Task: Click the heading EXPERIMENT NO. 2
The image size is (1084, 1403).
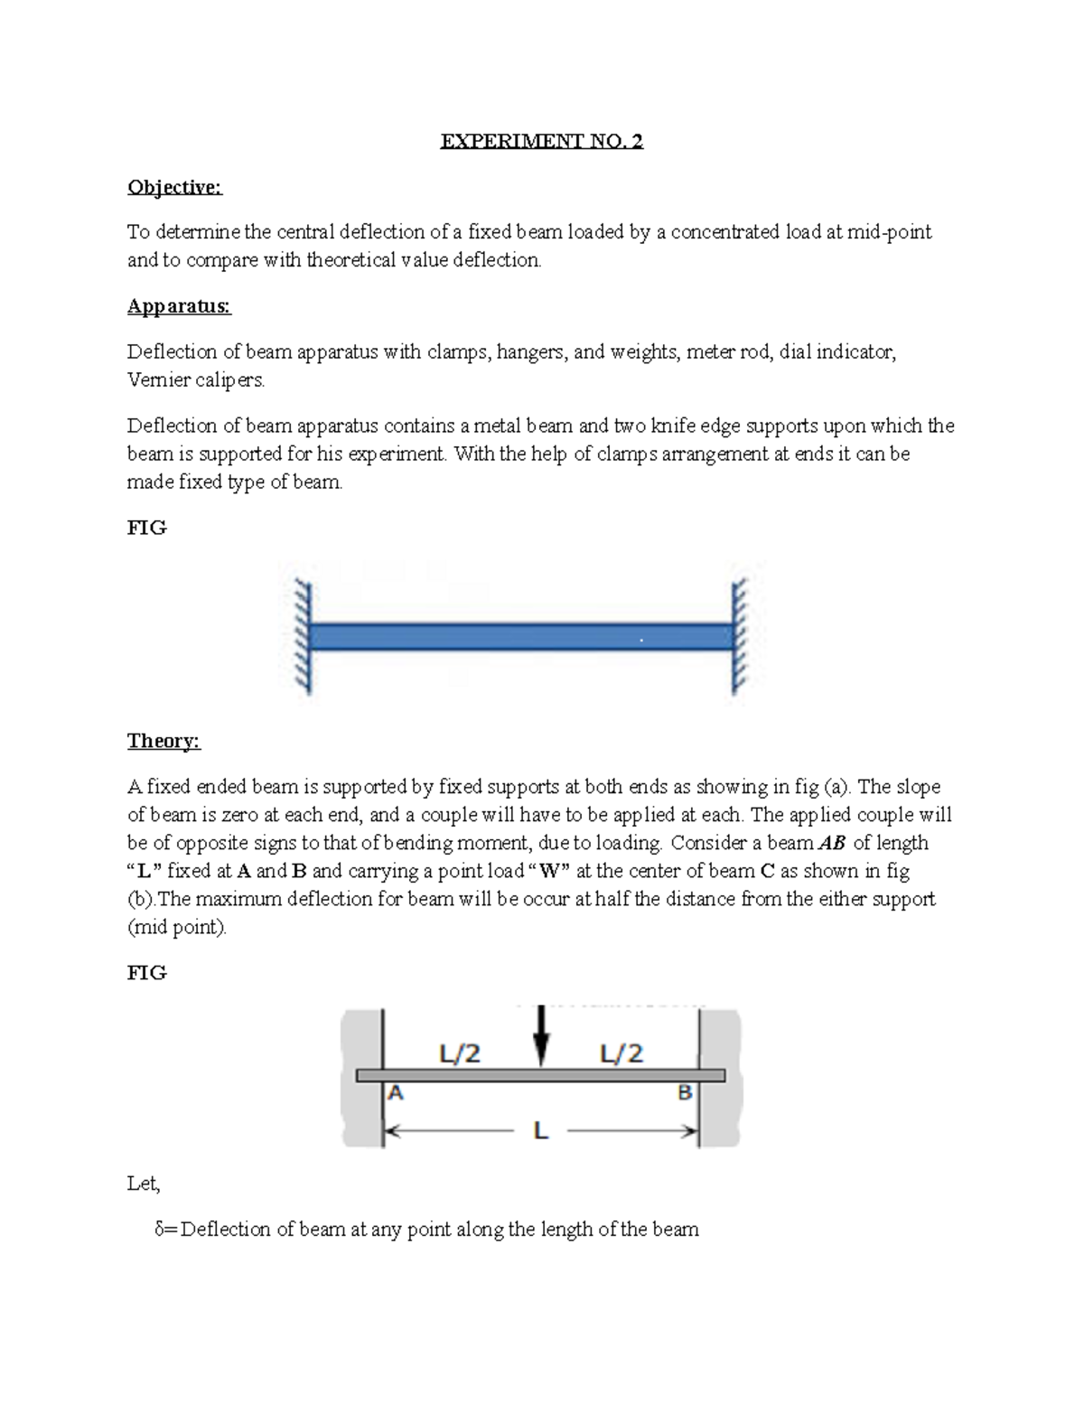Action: coord(541,142)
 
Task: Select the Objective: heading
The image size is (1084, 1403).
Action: coord(174,187)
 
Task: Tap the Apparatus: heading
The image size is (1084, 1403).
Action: coord(179,306)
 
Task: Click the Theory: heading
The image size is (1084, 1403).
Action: coord(164,742)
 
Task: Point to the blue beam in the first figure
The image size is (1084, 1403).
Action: coord(521,637)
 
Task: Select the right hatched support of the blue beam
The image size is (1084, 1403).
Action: coord(740,638)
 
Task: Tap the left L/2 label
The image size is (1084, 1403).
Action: coord(459,1053)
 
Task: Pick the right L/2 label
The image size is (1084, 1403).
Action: coord(621,1053)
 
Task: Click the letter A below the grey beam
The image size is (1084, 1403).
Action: coord(396,1093)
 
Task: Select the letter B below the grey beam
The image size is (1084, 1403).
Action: coord(685,1093)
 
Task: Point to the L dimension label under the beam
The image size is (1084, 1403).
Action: coord(540,1130)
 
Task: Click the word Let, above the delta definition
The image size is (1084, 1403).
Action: coord(144,1183)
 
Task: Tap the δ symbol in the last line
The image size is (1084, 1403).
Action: coord(160,1230)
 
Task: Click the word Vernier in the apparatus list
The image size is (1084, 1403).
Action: coord(155,380)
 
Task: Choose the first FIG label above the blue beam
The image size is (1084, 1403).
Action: coord(146,528)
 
